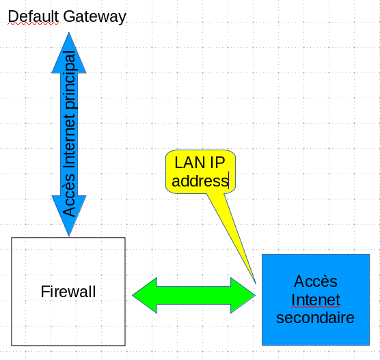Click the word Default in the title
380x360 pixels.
click(x=33, y=16)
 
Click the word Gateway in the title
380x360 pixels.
click(x=95, y=17)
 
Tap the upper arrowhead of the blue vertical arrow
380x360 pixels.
click(x=69, y=53)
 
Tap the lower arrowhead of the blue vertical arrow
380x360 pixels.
click(x=69, y=216)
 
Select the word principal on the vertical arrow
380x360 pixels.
click(x=69, y=80)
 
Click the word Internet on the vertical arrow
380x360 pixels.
click(x=69, y=141)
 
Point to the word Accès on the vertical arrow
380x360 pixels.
click(x=69, y=195)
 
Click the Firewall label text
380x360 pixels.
click(x=68, y=292)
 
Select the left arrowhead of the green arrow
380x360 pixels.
click(x=145, y=295)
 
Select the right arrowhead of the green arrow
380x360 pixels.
click(x=243, y=295)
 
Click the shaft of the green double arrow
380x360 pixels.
click(x=194, y=295)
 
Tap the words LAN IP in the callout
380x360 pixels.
click(x=200, y=163)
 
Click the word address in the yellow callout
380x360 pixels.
click(x=200, y=181)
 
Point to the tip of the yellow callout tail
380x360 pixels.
click(x=256, y=283)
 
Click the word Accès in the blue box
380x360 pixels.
click(x=316, y=281)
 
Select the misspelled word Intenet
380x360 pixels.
click(x=316, y=300)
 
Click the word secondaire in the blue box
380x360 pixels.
click(x=315, y=318)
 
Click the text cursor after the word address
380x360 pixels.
click(x=228, y=180)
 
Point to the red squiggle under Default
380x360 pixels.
click(x=33, y=24)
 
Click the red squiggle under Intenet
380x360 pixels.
click(x=316, y=307)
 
